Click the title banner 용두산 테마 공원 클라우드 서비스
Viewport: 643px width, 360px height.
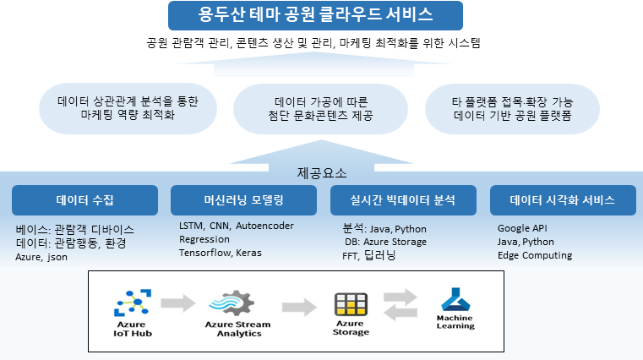pyautogui.click(x=315, y=15)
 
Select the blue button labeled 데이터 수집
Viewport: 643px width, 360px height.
pyautogui.click(x=84, y=200)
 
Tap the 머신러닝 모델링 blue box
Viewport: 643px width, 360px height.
pyautogui.click(x=243, y=200)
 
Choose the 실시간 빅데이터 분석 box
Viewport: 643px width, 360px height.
pyautogui.click(x=403, y=200)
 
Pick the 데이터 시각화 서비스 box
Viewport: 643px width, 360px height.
pyautogui.click(x=563, y=200)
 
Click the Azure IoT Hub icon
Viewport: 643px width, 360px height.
pyautogui.click(x=133, y=303)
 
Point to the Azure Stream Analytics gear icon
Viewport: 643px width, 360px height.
pyautogui.click(x=232, y=303)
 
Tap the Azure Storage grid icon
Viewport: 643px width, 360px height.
pyautogui.click(x=351, y=304)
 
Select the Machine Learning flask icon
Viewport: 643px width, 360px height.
pyautogui.click(x=455, y=299)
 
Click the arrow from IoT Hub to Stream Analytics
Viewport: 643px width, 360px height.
pyautogui.click(x=178, y=303)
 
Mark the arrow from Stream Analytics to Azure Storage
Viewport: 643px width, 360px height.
pyautogui.click(x=299, y=307)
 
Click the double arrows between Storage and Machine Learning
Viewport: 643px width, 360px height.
pyautogui.click(x=401, y=304)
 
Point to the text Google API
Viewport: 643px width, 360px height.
pyautogui.click(x=522, y=228)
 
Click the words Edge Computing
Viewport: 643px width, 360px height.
pyautogui.click(x=535, y=255)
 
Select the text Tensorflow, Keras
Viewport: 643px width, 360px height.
pyautogui.click(x=221, y=253)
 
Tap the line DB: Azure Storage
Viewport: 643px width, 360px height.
pyautogui.click(x=385, y=242)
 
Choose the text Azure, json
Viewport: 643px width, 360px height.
pyautogui.click(x=41, y=257)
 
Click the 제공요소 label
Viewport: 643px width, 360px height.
pyautogui.click(x=322, y=173)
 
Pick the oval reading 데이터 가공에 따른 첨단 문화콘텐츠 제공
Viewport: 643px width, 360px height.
pyautogui.click(x=321, y=109)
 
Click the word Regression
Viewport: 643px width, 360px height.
pyautogui.click(x=204, y=239)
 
